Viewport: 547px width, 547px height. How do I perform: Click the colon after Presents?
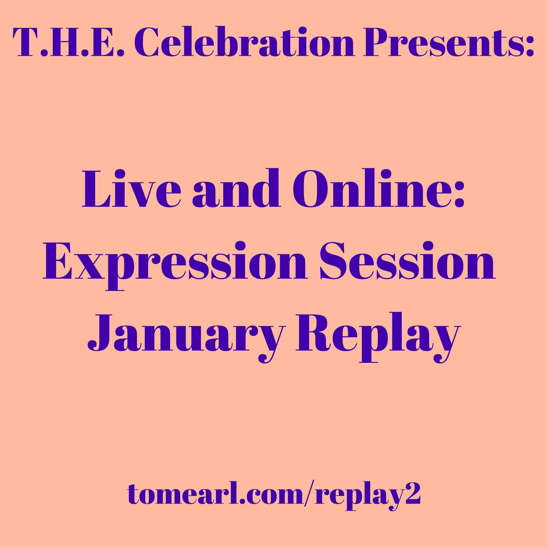(529, 46)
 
